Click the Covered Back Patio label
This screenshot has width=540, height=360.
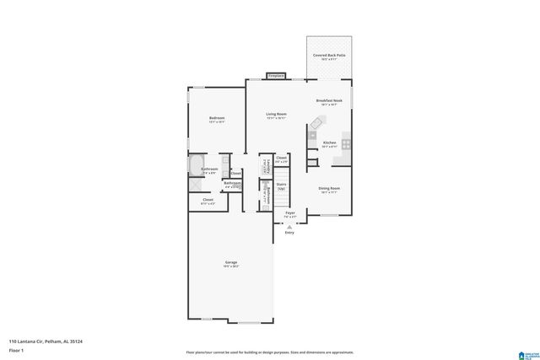[329, 56]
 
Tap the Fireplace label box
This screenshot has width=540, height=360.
[276, 76]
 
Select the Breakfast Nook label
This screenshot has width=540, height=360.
[329, 101]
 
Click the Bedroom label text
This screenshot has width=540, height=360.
[217, 118]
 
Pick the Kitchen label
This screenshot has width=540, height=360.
[329, 143]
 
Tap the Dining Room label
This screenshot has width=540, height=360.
[329, 188]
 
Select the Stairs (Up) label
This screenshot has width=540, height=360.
[281, 185]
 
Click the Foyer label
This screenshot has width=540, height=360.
[289, 214]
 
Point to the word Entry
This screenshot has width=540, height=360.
[289, 232]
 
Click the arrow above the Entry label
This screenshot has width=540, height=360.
[289, 224]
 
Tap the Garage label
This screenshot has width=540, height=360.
[230, 262]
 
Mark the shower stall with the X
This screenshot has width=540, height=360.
[196, 183]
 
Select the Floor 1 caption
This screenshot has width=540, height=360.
[17, 349]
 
